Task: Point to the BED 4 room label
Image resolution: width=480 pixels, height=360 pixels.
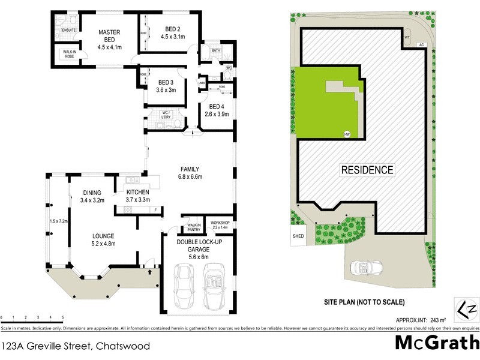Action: pos(215,107)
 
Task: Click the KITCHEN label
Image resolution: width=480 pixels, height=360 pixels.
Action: pos(137,192)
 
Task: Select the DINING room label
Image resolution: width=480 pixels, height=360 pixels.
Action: pos(93,192)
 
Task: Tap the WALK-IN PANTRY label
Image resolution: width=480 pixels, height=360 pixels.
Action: pos(193,226)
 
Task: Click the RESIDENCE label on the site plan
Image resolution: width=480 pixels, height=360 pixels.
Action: pos(368,170)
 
